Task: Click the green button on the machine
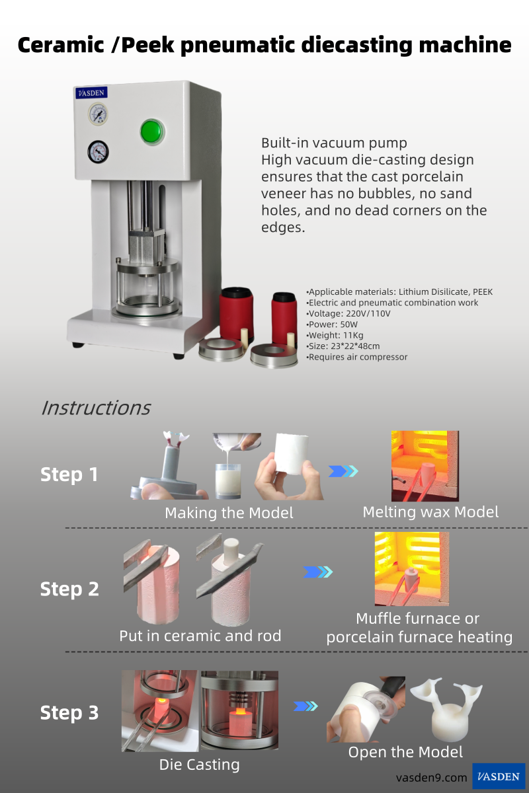tap(152, 132)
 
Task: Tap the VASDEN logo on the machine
tap(91, 93)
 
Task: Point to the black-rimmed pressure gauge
tap(98, 152)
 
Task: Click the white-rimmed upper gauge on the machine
tap(98, 114)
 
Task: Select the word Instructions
tap(96, 408)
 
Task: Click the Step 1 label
tap(69, 474)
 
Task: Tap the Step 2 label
tap(69, 589)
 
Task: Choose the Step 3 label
tap(69, 712)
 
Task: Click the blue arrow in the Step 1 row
tap(343, 471)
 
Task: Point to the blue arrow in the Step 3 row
tap(305, 706)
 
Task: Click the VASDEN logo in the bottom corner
tap(499, 776)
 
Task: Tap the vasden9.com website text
tap(432, 778)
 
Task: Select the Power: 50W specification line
tap(332, 324)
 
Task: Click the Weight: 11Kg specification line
tap(335, 335)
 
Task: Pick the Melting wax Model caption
tap(430, 512)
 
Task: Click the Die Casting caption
tap(200, 765)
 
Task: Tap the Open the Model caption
tap(405, 752)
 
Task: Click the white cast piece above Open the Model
tap(447, 710)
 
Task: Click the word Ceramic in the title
tap(61, 46)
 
